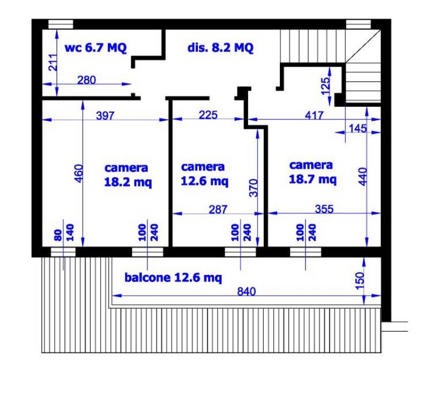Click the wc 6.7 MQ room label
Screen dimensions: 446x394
[95, 48]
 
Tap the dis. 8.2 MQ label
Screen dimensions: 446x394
[220, 48]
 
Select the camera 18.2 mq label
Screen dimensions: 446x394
[128, 175]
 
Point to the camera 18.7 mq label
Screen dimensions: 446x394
[313, 172]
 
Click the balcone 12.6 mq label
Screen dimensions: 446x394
[173, 278]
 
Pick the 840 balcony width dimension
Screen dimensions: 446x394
[247, 291]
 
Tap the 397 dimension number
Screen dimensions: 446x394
[105, 115]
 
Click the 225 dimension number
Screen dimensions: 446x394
[208, 115]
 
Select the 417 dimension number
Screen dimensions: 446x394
[314, 115]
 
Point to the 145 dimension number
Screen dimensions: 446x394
[358, 129]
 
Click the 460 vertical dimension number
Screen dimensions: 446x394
[78, 173]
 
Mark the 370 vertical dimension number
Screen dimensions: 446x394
[253, 188]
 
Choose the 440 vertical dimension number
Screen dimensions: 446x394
[363, 177]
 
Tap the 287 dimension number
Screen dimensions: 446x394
[218, 210]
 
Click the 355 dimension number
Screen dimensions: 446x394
[324, 209]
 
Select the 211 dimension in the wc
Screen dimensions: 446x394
[53, 62]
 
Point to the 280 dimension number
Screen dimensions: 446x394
[86, 80]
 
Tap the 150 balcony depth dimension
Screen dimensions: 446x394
[360, 281]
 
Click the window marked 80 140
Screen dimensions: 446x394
[63, 252]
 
